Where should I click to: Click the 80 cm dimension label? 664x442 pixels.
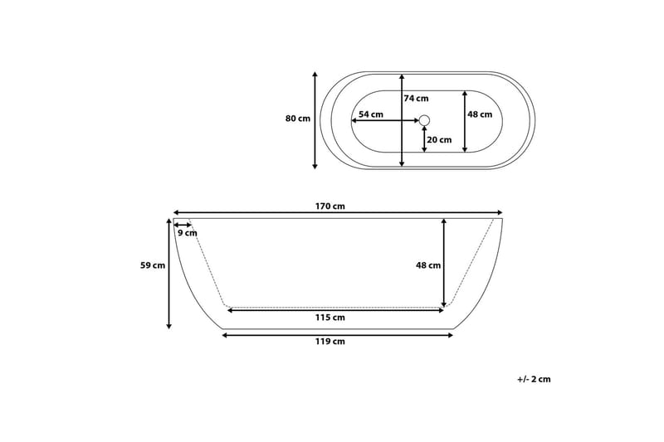point(297,119)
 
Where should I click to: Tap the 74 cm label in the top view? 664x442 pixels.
point(416,99)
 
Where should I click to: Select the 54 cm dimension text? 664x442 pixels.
point(371,114)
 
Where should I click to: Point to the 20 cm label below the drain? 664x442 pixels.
point(439,139)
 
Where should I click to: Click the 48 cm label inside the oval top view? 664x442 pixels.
point(480,114)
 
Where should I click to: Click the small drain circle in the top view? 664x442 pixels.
point(424,121)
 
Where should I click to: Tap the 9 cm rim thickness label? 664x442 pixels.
point(188,233)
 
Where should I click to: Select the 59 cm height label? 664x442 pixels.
point(153,266)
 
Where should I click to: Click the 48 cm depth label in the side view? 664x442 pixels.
point(428,265)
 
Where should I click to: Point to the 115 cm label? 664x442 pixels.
point(331,318)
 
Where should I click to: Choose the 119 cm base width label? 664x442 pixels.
point(331,341)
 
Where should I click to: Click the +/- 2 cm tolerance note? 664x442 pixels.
point(533,379)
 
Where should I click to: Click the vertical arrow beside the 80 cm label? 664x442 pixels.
point(315,120)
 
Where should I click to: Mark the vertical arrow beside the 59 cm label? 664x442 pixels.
point(169,274)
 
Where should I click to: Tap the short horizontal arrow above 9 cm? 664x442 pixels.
point(183,225)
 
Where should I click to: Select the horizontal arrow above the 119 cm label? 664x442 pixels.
point(338,334)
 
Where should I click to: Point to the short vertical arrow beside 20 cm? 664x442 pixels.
point(424,139)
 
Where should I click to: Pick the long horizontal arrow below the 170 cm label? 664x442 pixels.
point(338,213)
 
